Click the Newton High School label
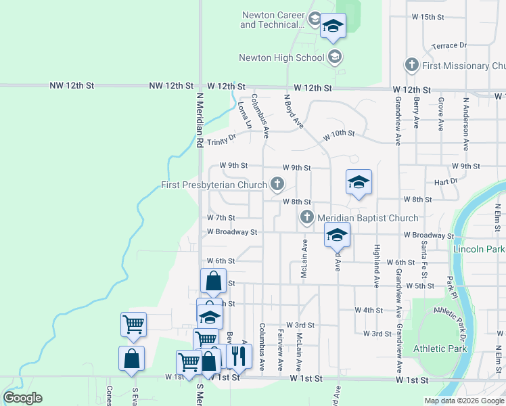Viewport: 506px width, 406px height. pos(281,58)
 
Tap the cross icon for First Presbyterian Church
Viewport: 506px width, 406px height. pos(277,184)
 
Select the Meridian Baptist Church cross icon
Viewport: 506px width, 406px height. pos(307,217)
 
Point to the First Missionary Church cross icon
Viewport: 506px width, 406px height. pos(411,66)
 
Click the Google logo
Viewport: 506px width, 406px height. pos(22,398)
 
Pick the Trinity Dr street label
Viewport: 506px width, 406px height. pos(221,140)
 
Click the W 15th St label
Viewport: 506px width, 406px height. pos(427,16)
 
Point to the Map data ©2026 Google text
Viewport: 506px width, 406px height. pos(464,401)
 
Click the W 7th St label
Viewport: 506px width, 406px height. pos(221,218)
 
